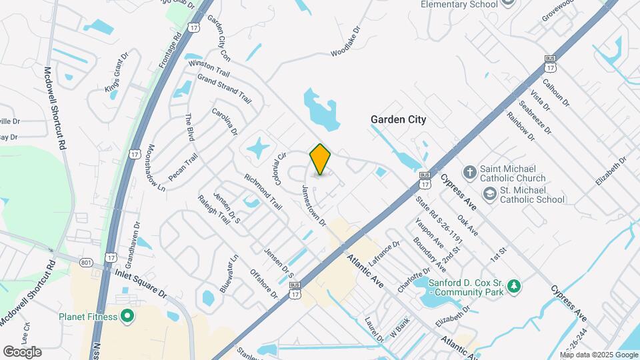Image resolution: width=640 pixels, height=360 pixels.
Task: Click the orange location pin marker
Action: [320, 159]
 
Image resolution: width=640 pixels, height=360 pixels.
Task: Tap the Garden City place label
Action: [398, 120]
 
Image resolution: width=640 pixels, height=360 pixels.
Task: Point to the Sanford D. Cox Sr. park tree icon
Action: [513, 286]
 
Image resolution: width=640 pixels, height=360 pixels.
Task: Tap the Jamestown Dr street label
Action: [315, 204]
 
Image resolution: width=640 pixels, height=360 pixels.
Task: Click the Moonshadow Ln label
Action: [156, 168]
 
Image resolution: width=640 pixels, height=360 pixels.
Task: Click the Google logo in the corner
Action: [22, 351]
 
